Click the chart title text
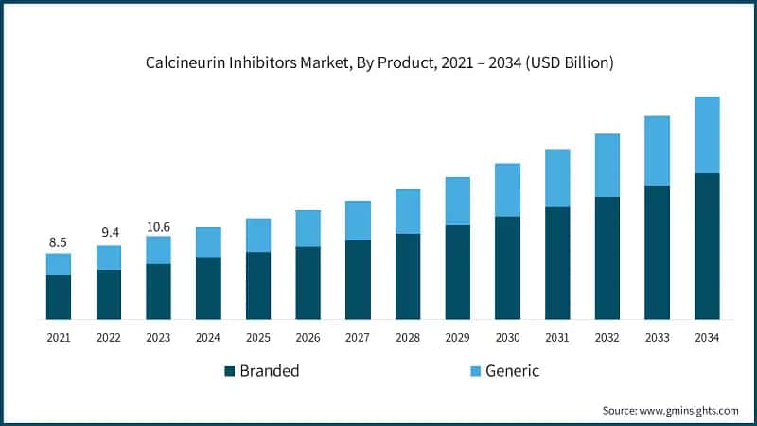[x=378, y=63]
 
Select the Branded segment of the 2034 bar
[x=707, y=246]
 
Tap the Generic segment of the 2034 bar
[x=707, y=134]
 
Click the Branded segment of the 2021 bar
[x=59, y=296]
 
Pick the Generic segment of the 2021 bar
[x=59, y=264]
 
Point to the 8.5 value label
[x=59, y=243]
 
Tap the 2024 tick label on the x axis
[x=208, y=337]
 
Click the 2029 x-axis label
[x=458, y=337]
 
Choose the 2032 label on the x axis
[x=607, y=337]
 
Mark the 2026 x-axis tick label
[x=308, y=337]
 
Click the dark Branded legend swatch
[x=229, y=371]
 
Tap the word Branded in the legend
[x=269, y=371]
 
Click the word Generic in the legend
[x=512, y=371]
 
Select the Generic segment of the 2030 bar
[x=507, y=189]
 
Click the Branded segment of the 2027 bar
[x=358, y=279]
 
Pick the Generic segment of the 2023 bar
[x=158, y=250]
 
